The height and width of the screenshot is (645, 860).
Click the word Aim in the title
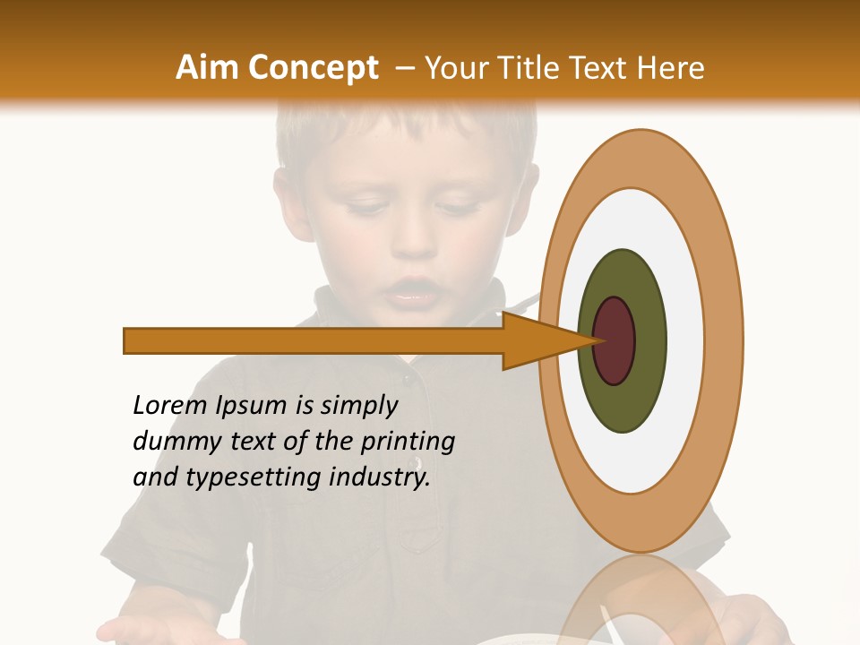(207, 67)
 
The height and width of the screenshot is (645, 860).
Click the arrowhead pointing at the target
(537, 340)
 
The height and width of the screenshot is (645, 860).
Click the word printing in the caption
(408, 443)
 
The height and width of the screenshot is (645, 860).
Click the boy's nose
(412, 237)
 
